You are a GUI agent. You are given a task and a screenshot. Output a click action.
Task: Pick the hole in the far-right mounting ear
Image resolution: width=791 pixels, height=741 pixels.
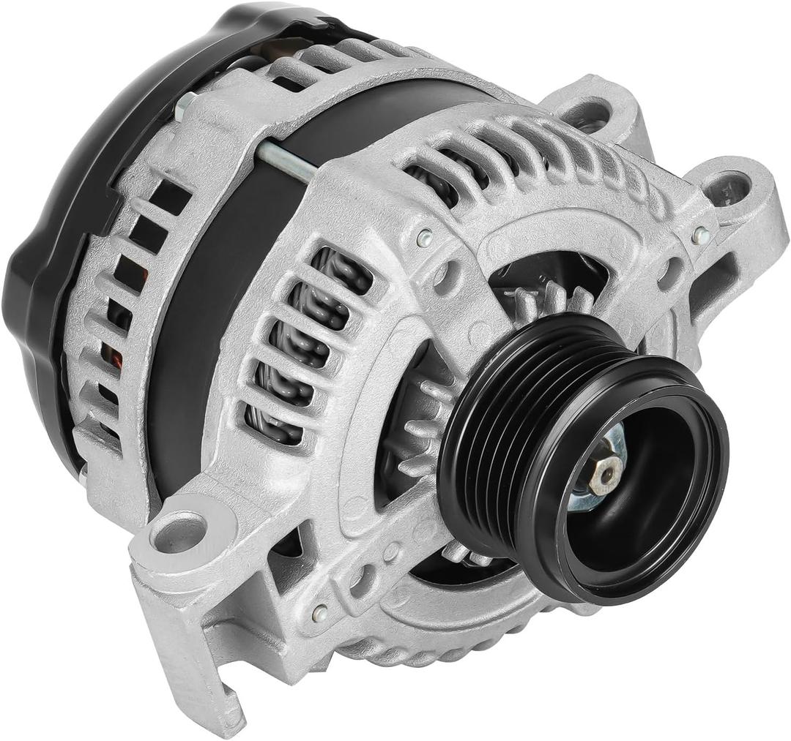[x=728, y=187]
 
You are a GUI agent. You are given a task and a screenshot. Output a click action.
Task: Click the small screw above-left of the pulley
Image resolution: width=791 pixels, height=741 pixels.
[x=423, y=237]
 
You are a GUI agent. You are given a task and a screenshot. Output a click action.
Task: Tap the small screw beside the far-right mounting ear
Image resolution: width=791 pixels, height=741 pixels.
[x=700, y=236]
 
